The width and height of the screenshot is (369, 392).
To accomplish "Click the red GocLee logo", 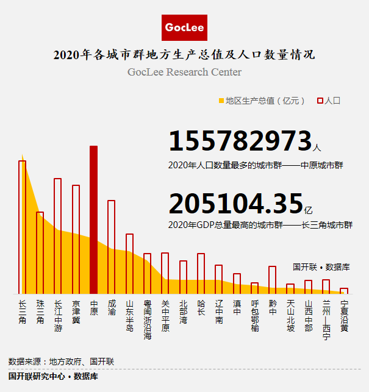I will (185, 27).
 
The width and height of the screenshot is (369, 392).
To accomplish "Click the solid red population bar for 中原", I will (93, 220).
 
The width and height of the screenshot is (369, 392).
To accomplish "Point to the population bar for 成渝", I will (112, 247).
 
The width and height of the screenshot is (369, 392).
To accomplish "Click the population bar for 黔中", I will (272, 280).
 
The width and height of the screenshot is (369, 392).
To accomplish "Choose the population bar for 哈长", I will (201, 274).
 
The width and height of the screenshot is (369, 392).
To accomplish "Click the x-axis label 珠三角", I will (40, 312).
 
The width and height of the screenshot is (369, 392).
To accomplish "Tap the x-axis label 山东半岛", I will (129, 315).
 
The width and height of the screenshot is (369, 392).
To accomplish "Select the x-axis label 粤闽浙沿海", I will (147, 319).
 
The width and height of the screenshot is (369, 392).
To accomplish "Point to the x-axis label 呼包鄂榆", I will (254, 315).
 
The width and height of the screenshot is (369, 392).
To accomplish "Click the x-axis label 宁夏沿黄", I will (344, 315).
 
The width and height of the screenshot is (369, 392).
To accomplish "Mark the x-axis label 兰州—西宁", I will (326, 319).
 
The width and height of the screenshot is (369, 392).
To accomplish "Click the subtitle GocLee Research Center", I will (184, 72).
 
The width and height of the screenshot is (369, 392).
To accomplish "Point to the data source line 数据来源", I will (61, 362).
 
